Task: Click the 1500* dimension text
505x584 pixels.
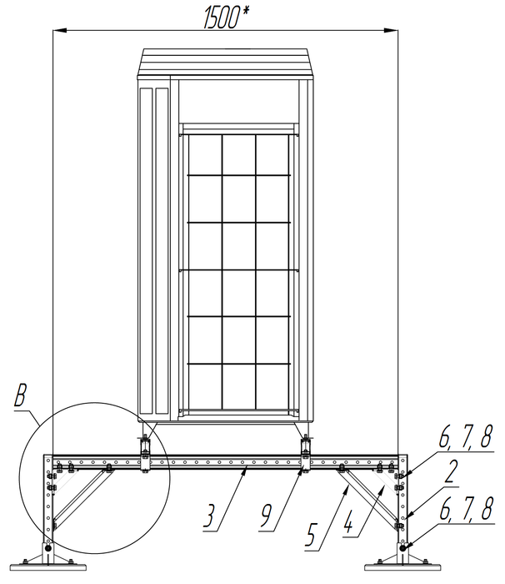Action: tap(226, 18)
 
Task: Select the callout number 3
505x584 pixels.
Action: tap(211, 515)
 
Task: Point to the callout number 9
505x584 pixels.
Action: tap(267, 515)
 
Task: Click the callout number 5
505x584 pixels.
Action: tap(312, 534)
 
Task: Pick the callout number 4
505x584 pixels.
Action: tap(348, 522)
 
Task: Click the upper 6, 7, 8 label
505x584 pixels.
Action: tap(466, 436)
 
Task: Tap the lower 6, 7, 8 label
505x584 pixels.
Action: tap(467, 508)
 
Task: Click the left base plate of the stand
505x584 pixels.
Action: tap(48, 567)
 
